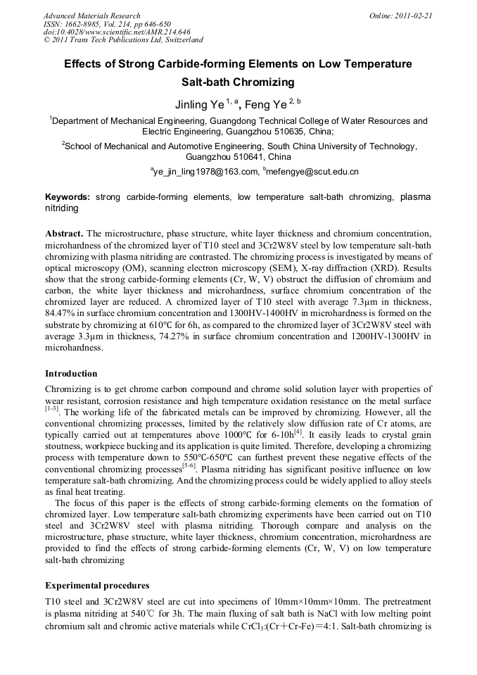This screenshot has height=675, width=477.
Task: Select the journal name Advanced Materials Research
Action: tap(92, 15)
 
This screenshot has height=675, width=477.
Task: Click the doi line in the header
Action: tap(117, 32)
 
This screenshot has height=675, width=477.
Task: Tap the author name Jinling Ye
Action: tap(199, 105)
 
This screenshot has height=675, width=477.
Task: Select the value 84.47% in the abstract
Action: tap(61, 312)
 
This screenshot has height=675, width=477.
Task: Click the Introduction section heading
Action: tap(71, 374)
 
